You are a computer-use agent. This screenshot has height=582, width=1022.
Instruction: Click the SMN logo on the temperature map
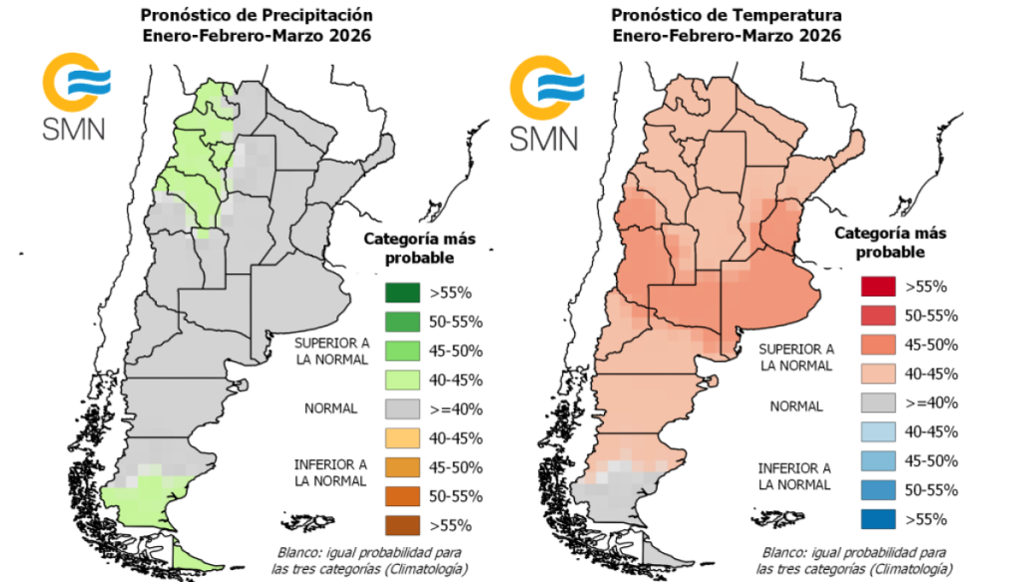click(x=544, y=102)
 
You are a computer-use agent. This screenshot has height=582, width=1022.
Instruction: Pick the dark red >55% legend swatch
click(x=876, y=286)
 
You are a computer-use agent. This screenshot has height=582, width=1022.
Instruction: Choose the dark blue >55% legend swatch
click(x=876, y=518)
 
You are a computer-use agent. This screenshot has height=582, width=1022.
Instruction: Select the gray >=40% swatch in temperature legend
click(x=876, y=402)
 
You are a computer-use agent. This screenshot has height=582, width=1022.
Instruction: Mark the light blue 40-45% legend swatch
click(x=876, y=431)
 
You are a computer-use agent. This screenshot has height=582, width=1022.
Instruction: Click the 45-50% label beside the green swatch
click(x=456, y=350)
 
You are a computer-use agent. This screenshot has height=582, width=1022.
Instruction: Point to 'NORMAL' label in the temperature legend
click(x=795, y=406)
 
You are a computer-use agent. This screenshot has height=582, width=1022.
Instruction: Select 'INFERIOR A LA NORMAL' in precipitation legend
click(x=330, y=472)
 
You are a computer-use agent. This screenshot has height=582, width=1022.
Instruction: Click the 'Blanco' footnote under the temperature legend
click(x=853, y=560)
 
